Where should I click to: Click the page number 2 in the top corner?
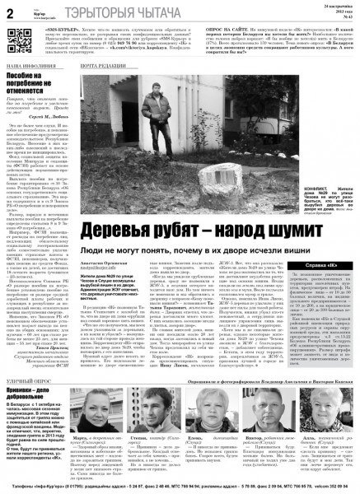point(10,11)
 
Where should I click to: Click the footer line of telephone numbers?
point(180,487)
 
